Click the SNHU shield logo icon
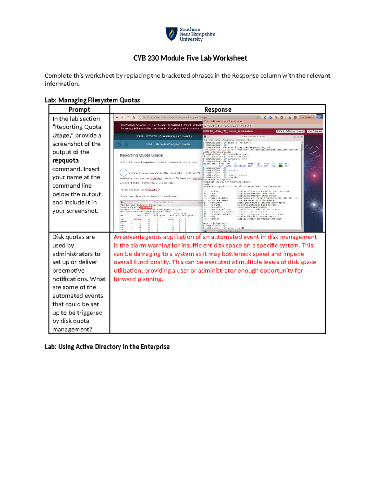(172, 34)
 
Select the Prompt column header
(79, 109)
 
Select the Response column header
(217, 109)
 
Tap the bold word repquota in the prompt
(65, 161)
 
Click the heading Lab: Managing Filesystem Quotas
(92, 100)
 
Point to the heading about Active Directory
(107, 347)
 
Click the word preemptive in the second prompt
(68, 271)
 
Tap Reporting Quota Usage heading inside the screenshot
(141, 155)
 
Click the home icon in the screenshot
(126, 144)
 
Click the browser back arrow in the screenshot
(117, 117)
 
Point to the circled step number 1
(123, 173)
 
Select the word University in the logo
(191, 39)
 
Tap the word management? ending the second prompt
(72, 330)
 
